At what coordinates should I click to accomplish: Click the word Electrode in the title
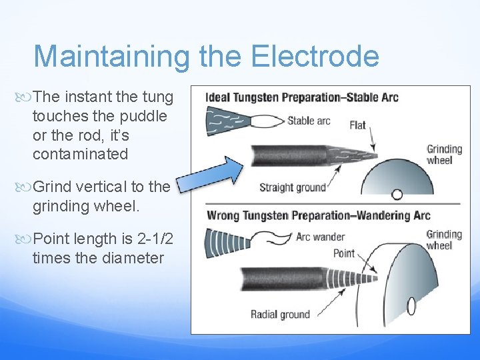tap(315, 56)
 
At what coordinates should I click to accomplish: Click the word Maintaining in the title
tap(111, 56)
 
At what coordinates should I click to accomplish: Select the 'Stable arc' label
tap(309, 121)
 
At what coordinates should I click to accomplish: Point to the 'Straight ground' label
tap(292, 187)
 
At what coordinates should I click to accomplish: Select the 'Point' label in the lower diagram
tap(343, 253)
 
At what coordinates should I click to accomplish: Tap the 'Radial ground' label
tap(280, 315)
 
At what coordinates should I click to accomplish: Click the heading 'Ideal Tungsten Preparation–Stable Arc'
tap(302, 97)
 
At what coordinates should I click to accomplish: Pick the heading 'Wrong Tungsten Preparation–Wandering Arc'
tap(319, 215)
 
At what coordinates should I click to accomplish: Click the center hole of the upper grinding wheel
tap(397, 195)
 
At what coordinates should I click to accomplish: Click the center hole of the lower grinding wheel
tap(411, 305)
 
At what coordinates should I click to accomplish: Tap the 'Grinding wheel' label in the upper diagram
tap(444, 154)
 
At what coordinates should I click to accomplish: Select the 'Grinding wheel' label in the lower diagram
tap(444, 239)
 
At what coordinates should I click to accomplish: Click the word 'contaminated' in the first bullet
tap(79, 154)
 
